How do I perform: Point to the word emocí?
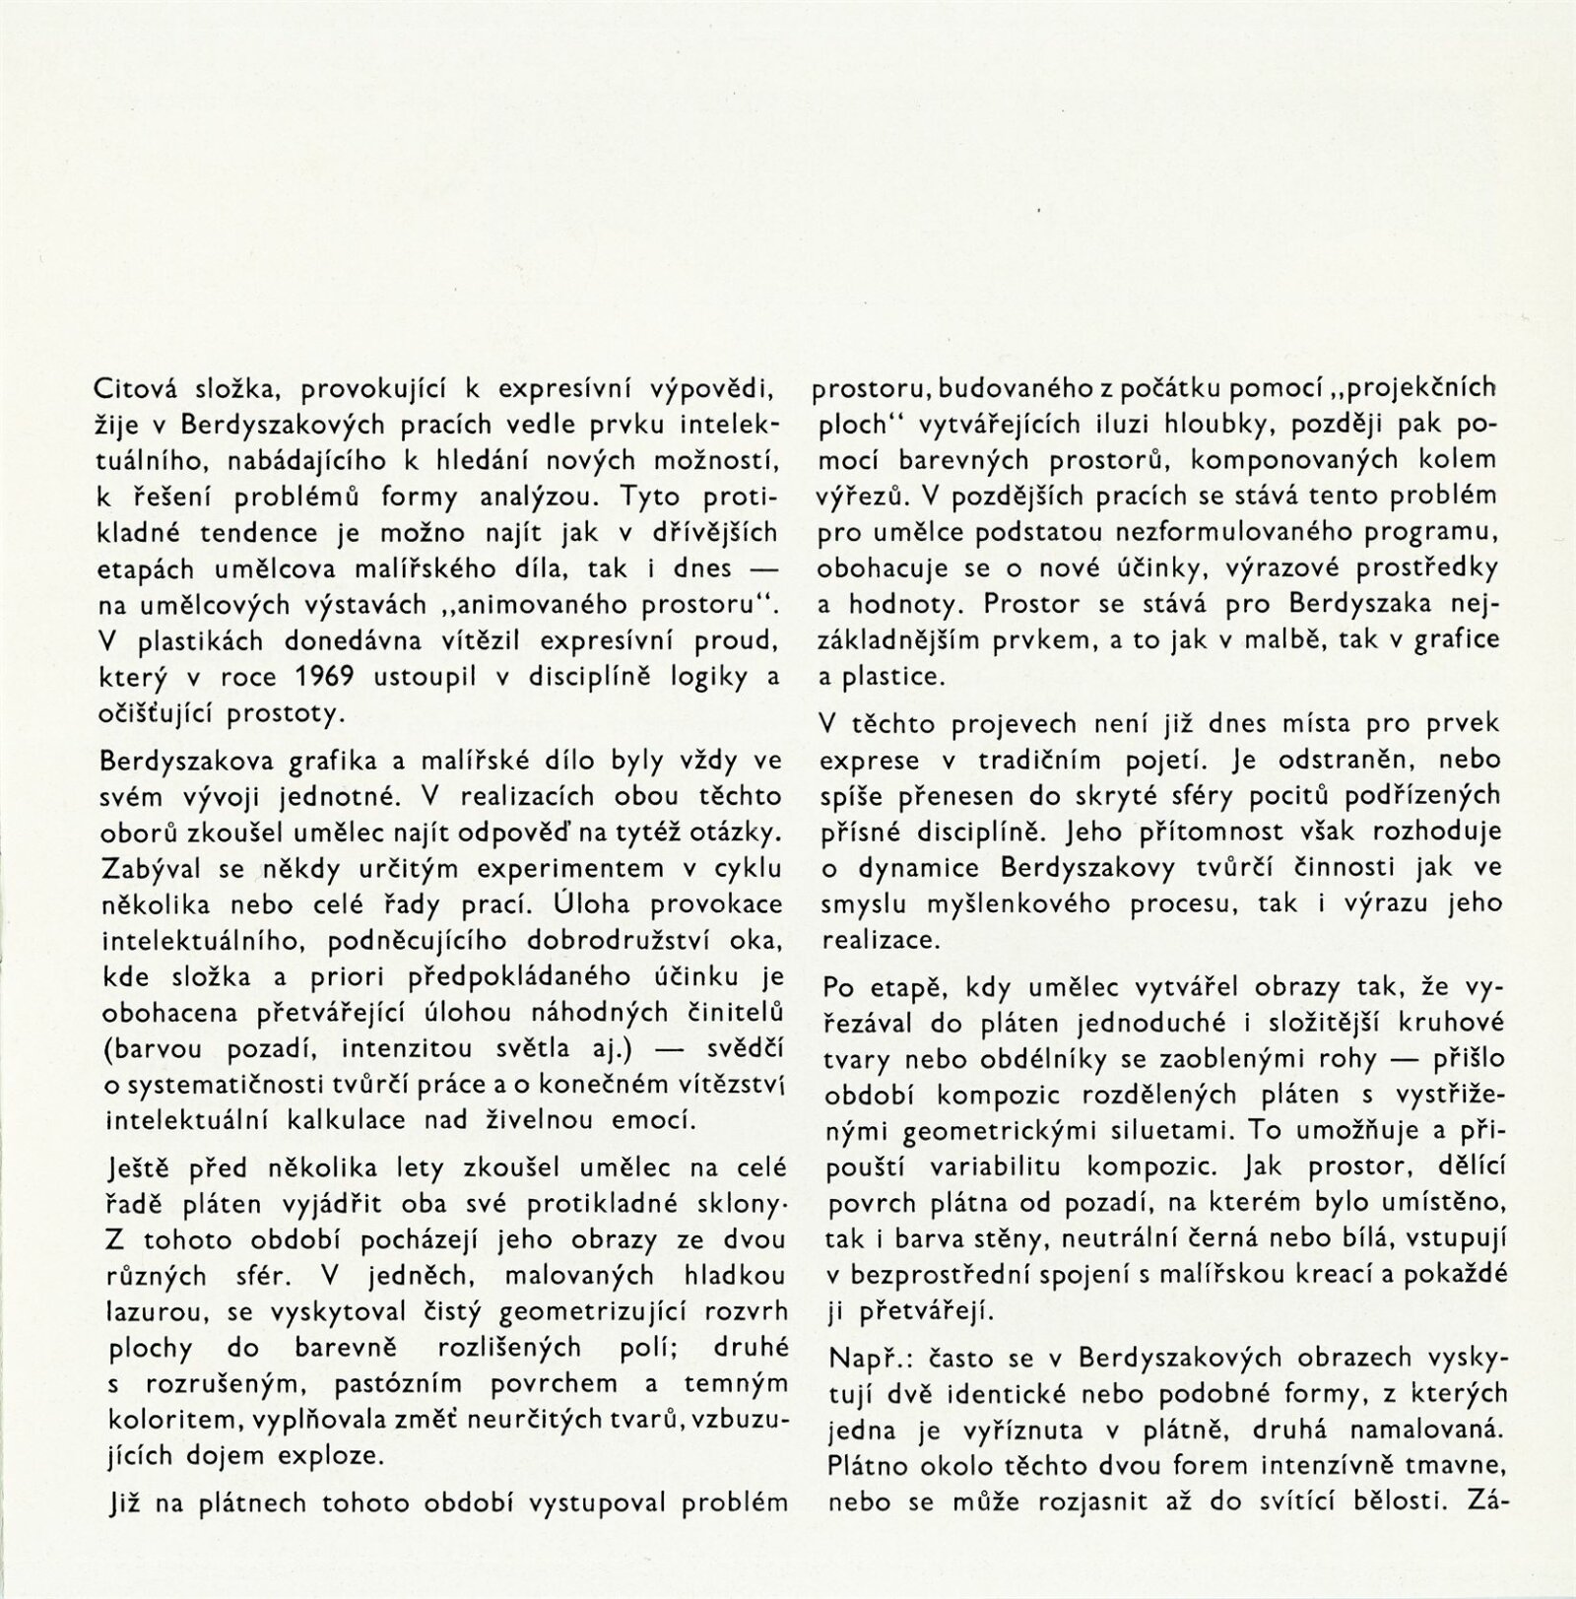coord(660,1119)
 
